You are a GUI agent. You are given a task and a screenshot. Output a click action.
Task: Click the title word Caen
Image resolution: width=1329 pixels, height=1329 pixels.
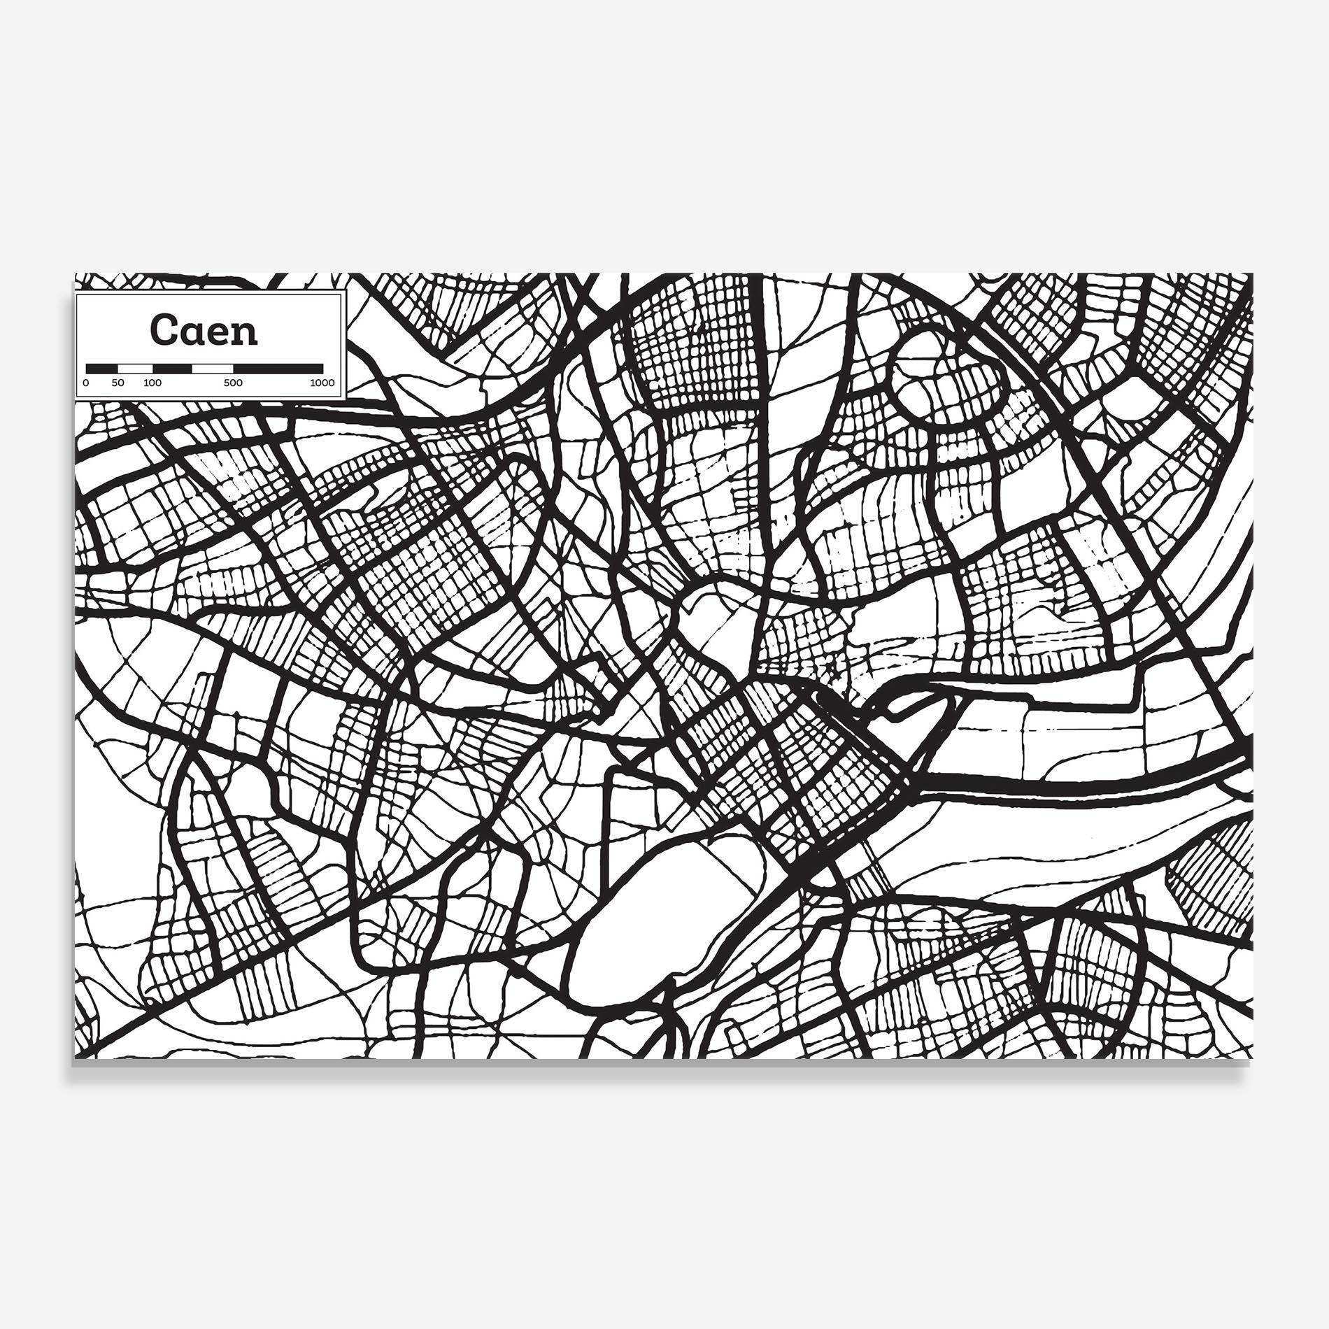point(204,330)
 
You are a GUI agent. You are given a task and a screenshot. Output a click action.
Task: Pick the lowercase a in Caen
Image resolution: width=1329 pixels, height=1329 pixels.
point(191,333)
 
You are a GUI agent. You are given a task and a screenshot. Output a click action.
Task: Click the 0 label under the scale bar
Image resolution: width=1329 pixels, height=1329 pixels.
point(86,383)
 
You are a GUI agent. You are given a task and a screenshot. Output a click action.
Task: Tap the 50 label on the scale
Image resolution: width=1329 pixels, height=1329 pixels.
point(118,383)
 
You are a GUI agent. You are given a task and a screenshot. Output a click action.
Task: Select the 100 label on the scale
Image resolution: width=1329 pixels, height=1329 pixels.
point(152,383)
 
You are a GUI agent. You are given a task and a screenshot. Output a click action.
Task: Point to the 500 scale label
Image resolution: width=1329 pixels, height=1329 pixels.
point(233,383)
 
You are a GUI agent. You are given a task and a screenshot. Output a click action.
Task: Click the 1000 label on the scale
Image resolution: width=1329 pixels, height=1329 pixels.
point(322,383)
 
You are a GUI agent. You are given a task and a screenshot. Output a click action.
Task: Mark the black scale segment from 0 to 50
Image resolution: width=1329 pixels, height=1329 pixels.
point(101,368)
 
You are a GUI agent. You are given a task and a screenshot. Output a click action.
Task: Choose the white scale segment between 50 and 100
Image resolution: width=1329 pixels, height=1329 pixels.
point(135,368)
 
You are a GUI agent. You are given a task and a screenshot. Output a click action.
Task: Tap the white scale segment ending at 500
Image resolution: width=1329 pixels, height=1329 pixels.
point(213,368)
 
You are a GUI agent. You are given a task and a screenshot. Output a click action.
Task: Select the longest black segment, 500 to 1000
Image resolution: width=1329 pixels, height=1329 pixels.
point(278,368)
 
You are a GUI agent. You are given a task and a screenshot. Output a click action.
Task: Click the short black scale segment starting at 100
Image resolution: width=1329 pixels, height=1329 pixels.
point(172,368)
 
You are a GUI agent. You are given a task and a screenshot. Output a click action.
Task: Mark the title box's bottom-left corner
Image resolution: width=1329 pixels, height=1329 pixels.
point(76,400)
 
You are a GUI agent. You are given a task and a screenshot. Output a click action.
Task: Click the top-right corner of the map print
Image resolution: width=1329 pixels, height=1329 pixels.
point(1253,273)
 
